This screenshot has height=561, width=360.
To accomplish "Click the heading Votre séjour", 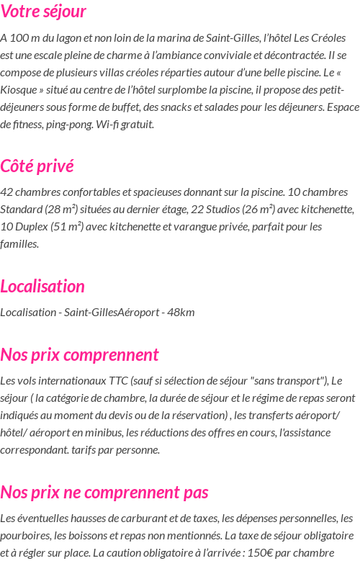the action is point(43,12).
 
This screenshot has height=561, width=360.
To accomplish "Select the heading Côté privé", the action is point(37,166).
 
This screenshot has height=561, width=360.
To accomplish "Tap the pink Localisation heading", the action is point(42,287).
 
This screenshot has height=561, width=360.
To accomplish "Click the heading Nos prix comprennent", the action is point(79,355).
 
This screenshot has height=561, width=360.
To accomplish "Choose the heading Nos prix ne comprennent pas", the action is point(104,493).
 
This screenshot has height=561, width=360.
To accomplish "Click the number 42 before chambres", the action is point(6,192).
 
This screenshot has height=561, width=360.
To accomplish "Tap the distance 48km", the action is point(181,313).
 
